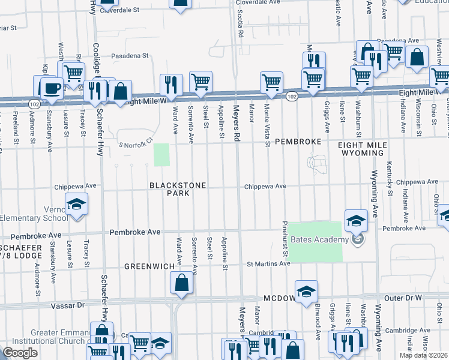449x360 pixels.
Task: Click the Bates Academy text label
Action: [x=319, y=240]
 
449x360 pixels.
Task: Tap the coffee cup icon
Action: [x=51, y=88]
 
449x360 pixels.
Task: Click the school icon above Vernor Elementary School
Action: [x=76, y=205]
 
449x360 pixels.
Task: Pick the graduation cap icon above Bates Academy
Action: [x=356, y=220]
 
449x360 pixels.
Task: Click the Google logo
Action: [x=20, y=353]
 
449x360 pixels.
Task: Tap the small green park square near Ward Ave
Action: [x=161, y=155]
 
